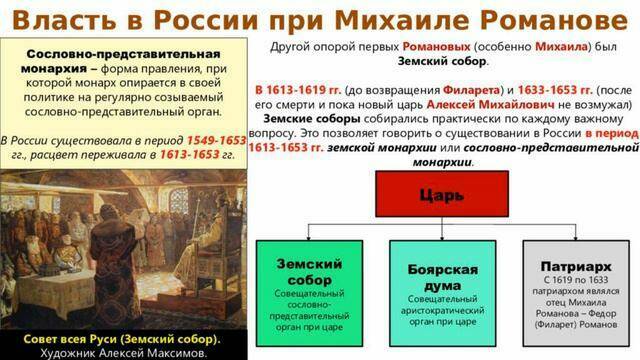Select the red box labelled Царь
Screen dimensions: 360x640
click(x=445, y=196)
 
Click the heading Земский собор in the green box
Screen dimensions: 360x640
click(x=309, y=271)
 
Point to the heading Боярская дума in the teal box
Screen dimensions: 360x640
click(x=441, y=277)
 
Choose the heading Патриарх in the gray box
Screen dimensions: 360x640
click(x=574, y=268)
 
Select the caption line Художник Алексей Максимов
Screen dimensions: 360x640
click(x=123, y=352)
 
